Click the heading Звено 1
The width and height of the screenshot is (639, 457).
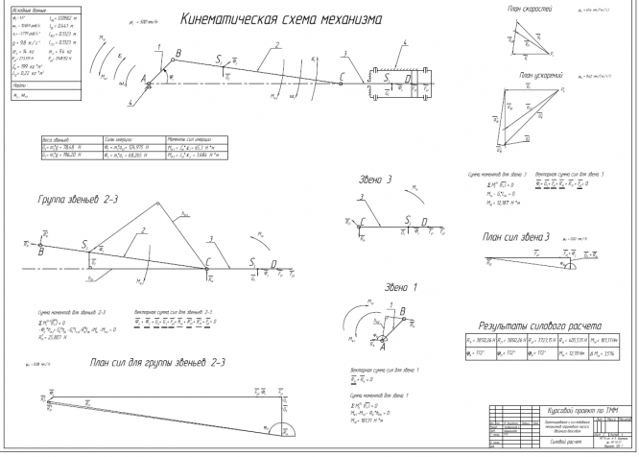(x=376, y=287)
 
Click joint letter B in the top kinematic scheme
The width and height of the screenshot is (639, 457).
(x=174, y=59)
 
